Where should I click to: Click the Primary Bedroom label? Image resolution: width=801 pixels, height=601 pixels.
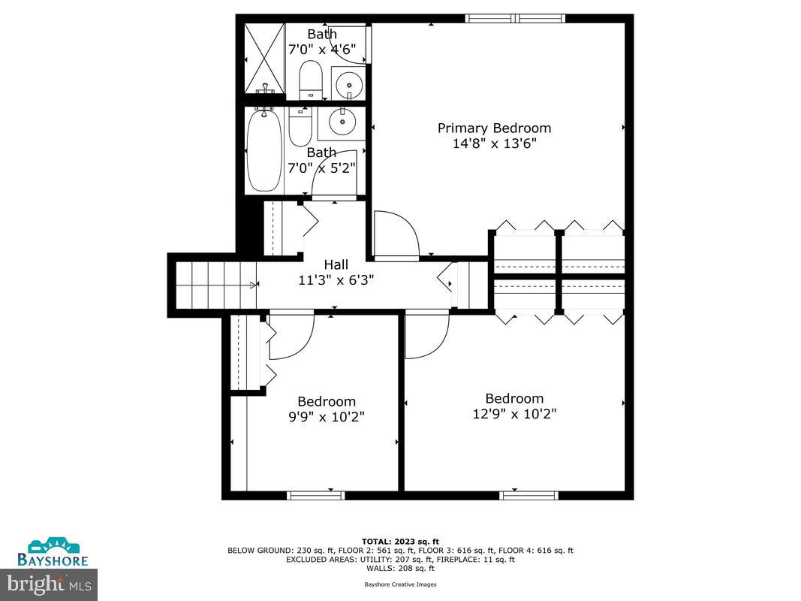494,128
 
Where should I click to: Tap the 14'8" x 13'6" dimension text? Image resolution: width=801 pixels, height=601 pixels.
494,144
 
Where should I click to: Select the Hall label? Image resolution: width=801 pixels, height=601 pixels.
336,264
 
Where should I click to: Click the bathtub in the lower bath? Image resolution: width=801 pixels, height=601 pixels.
264,150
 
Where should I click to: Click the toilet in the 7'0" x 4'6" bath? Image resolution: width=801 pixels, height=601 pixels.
310,80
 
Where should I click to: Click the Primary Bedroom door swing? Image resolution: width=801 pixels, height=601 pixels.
395,234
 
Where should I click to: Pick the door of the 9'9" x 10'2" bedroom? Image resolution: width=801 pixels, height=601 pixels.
289,336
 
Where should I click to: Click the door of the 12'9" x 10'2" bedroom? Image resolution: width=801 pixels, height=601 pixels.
426,334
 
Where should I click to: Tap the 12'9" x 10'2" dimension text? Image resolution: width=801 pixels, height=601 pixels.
514,414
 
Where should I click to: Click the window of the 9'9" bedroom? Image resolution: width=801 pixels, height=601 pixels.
316,495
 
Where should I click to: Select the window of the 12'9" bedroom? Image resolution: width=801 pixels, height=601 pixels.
529,495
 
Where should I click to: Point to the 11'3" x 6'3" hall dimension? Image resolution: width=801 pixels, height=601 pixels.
336,280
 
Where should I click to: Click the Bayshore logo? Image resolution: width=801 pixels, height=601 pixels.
59,551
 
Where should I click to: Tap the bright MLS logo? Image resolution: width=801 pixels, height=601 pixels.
49,581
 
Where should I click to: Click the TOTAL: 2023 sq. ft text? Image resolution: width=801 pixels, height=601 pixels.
400,541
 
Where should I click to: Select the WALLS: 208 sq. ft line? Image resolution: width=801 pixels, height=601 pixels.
400,568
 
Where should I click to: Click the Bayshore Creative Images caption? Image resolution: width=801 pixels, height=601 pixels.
400,584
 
